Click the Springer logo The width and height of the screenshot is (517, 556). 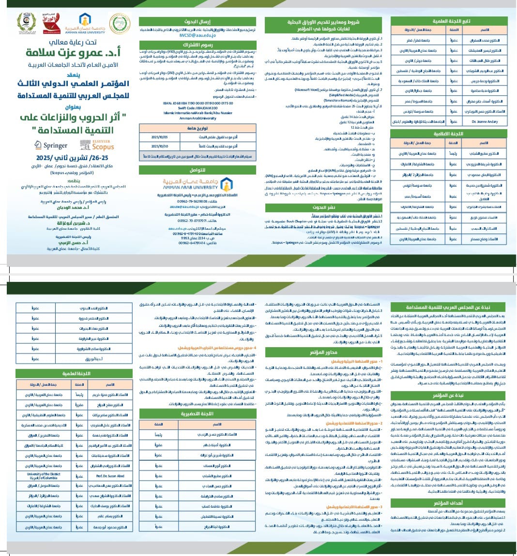coord(51,145)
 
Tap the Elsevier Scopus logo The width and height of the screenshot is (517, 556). coord(97,145)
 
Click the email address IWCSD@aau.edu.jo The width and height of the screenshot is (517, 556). coord(197,35)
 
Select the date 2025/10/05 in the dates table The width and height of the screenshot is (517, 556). coord(159,137)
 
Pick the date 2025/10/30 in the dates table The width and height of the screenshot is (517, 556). coord(159,146)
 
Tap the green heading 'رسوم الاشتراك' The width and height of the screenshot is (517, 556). coord(198,44)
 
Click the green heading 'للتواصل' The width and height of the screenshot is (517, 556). coord(198,170)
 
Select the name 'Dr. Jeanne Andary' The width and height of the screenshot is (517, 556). coord(485,121)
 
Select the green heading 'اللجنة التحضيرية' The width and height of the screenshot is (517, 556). coord(198,414)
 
